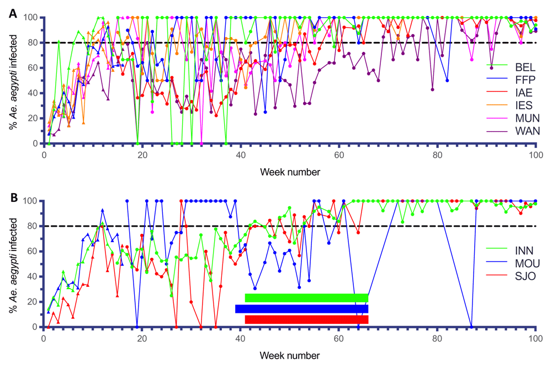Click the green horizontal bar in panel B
coord(306,298)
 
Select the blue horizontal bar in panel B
coord(301,309)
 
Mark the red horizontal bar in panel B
coord(306,319)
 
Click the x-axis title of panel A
coord(290,172)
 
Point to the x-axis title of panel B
coord(290,355)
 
